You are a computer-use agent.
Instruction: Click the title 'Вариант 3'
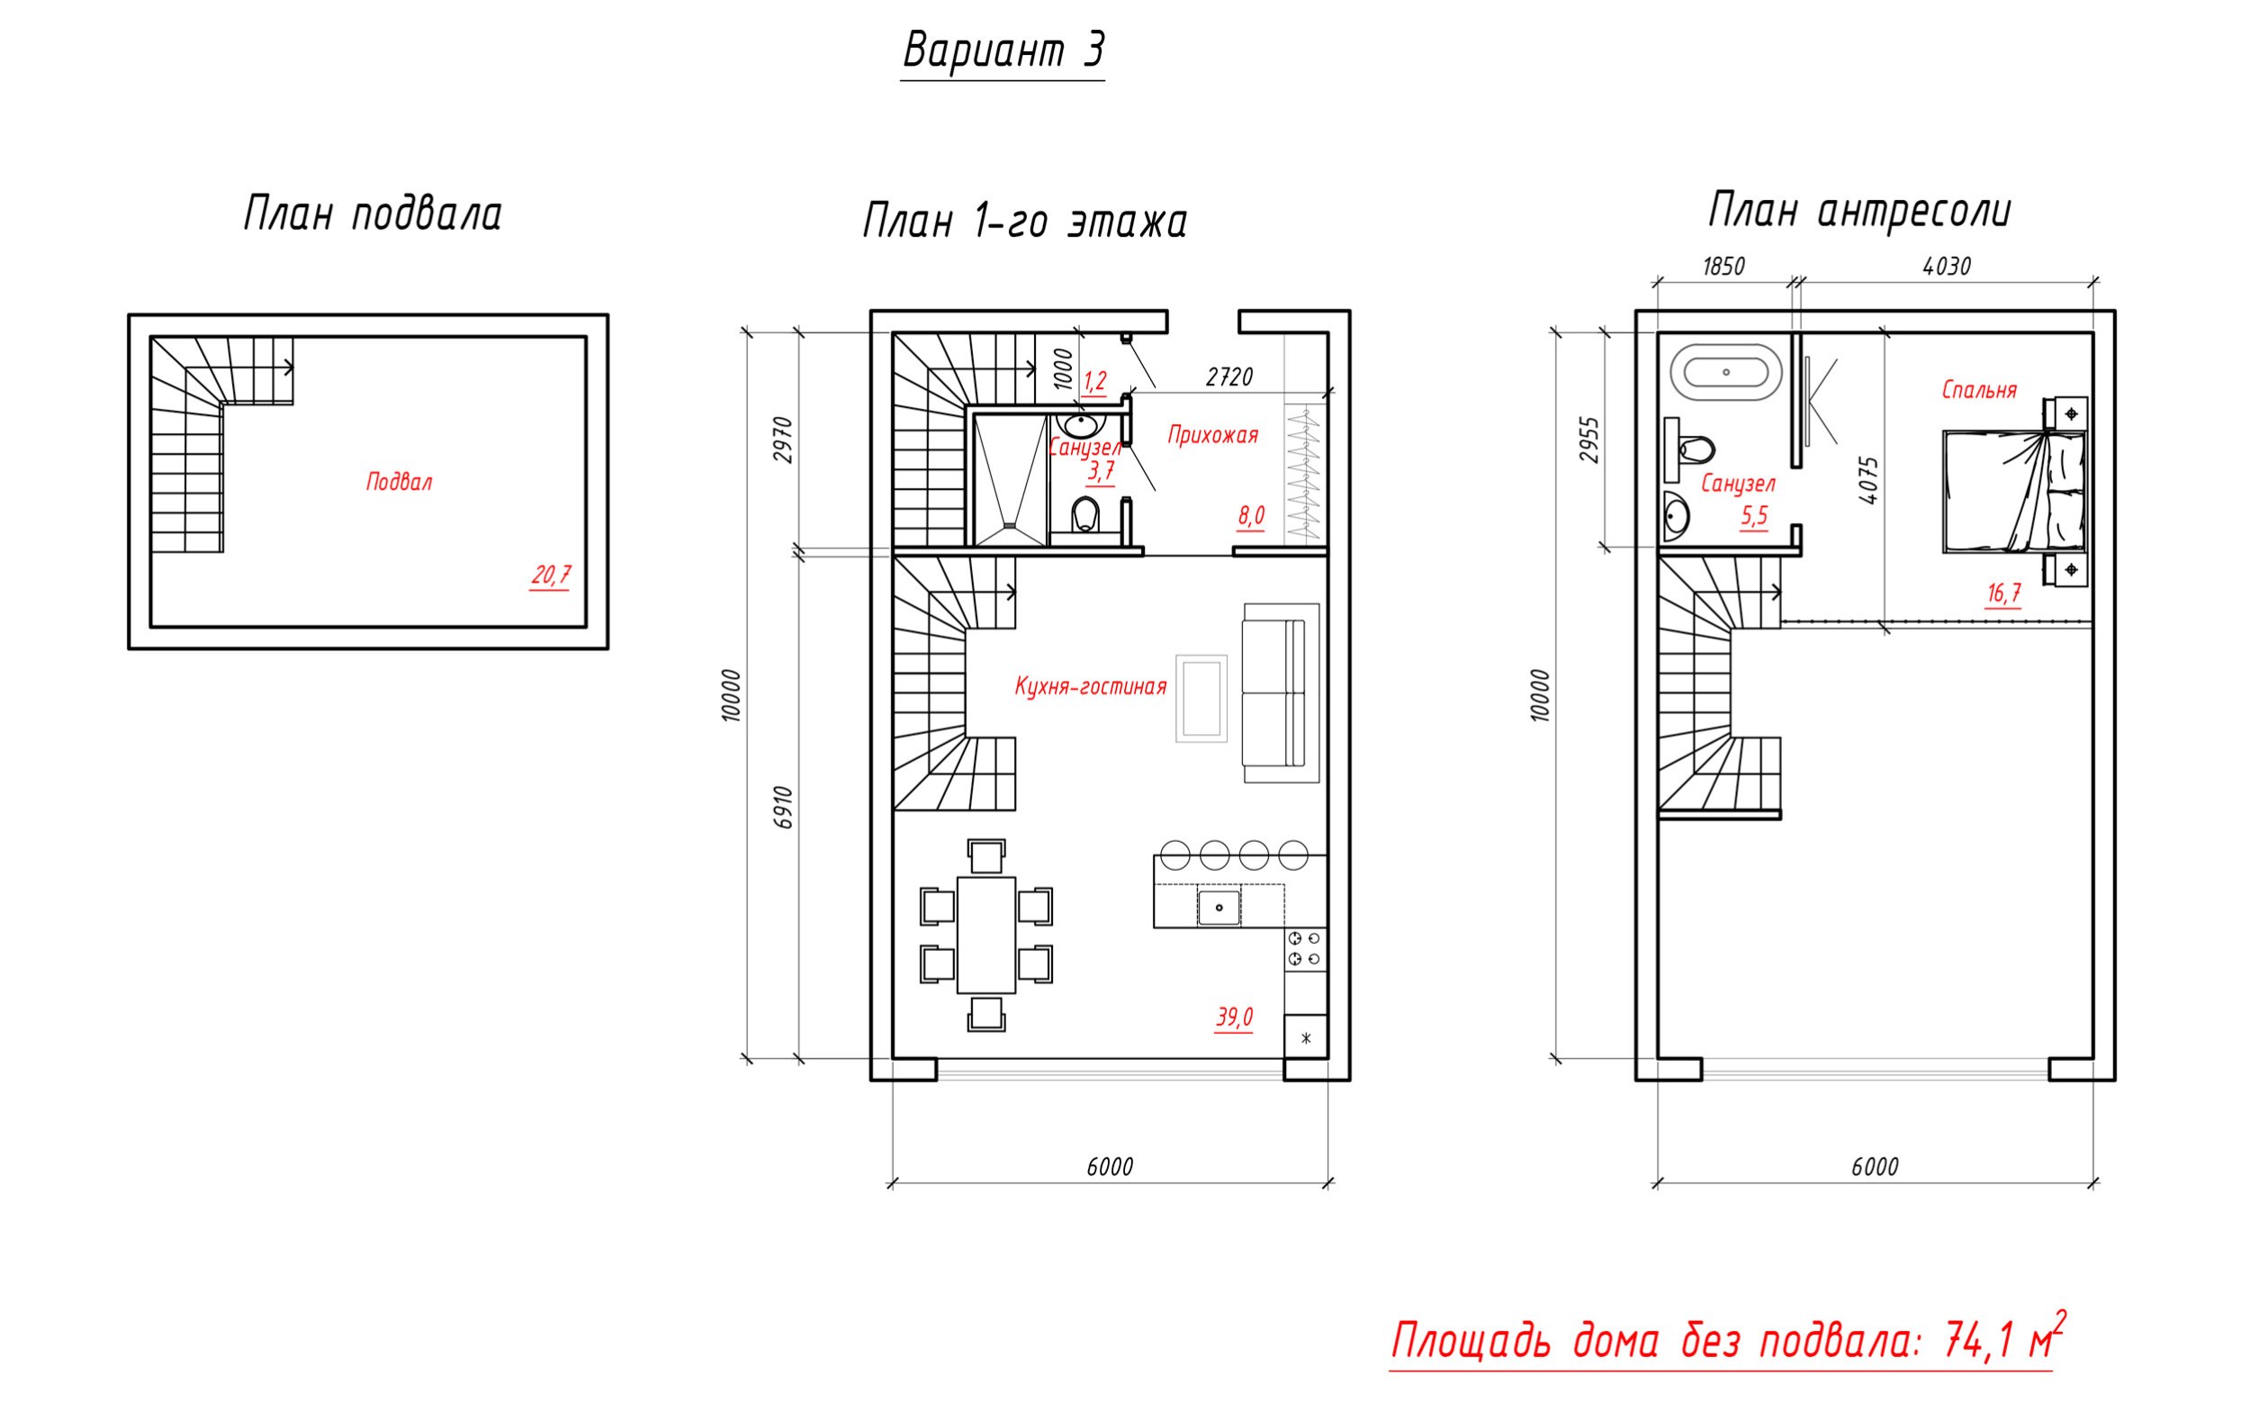1003,50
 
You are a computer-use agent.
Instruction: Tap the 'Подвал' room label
399,482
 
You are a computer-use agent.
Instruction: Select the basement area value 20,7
550,575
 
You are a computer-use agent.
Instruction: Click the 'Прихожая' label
1212,434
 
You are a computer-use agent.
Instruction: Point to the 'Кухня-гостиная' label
1090,687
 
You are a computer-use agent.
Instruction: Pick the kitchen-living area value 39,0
1235,1017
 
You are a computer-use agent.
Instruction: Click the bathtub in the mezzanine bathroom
1726,372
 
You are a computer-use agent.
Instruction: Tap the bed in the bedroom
2014,492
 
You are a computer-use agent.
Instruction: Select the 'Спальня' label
1979,390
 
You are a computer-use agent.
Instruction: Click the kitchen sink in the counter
1219,908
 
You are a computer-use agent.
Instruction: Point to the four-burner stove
1305,949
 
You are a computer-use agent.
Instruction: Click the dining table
985,935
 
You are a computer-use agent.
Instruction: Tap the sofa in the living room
1281,692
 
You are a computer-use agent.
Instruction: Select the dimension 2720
1228,376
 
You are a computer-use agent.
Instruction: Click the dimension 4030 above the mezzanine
1946,267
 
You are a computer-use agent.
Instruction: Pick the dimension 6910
784,806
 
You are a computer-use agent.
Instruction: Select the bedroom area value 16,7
2003,593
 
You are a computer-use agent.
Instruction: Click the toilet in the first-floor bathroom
1086,515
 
